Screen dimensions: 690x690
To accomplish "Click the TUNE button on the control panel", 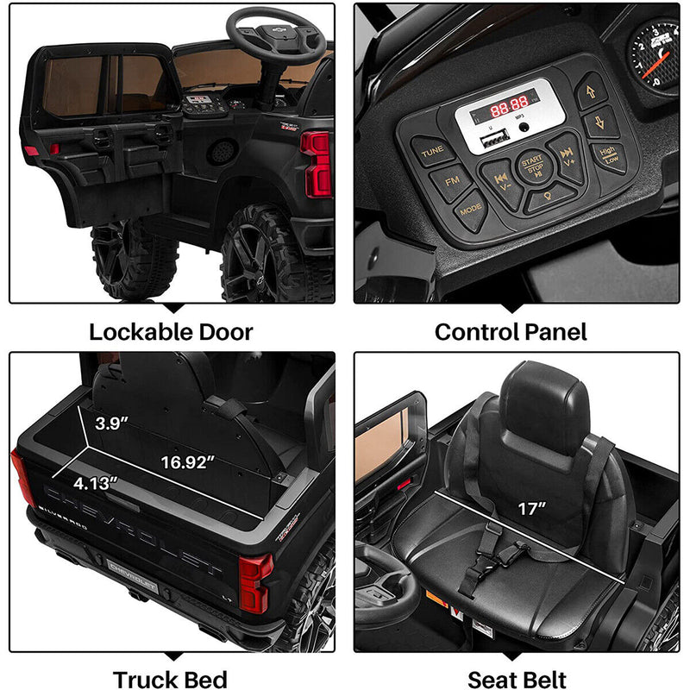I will click(x=431, y=152).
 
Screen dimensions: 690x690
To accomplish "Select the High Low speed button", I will click(x=610, y=156).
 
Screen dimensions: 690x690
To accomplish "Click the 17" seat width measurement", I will click(x=530, y=509).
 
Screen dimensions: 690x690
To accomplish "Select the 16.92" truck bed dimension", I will click(x=187, y=462).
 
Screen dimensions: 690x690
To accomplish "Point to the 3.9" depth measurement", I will click(x=112, y=423).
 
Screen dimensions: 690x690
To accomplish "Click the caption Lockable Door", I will click(x=172, y=331).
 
